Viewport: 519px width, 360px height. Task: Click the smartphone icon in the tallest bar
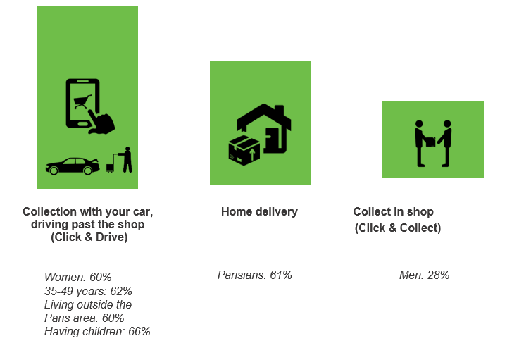coord(82,104)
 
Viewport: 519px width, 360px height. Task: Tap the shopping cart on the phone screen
coord(82,101)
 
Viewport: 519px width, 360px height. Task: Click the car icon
coord(73,166)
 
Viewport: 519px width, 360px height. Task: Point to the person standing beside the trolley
coord(127,160)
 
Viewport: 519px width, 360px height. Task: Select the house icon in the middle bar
coord(264,128)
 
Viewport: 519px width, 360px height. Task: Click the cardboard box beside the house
coord(244,150)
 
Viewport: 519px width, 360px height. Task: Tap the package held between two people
coord(430,142)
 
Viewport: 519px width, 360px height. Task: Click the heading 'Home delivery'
coord(259,211)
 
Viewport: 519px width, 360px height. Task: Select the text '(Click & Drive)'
coord(89,237)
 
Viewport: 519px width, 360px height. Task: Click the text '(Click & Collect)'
coord(398,228)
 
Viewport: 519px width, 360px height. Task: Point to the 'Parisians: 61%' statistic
coord(255,275)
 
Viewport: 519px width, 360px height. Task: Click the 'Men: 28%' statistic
coord(425,275)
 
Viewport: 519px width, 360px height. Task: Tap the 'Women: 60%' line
coord(78,277)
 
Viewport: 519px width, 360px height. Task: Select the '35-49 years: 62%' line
coord(88,291)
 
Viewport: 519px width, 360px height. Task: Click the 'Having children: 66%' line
coord(97,331)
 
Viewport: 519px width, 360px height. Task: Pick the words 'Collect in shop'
coord(394,211)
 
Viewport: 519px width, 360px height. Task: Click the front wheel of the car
coord(88,170)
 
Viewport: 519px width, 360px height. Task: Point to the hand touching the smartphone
coord(101,122)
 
